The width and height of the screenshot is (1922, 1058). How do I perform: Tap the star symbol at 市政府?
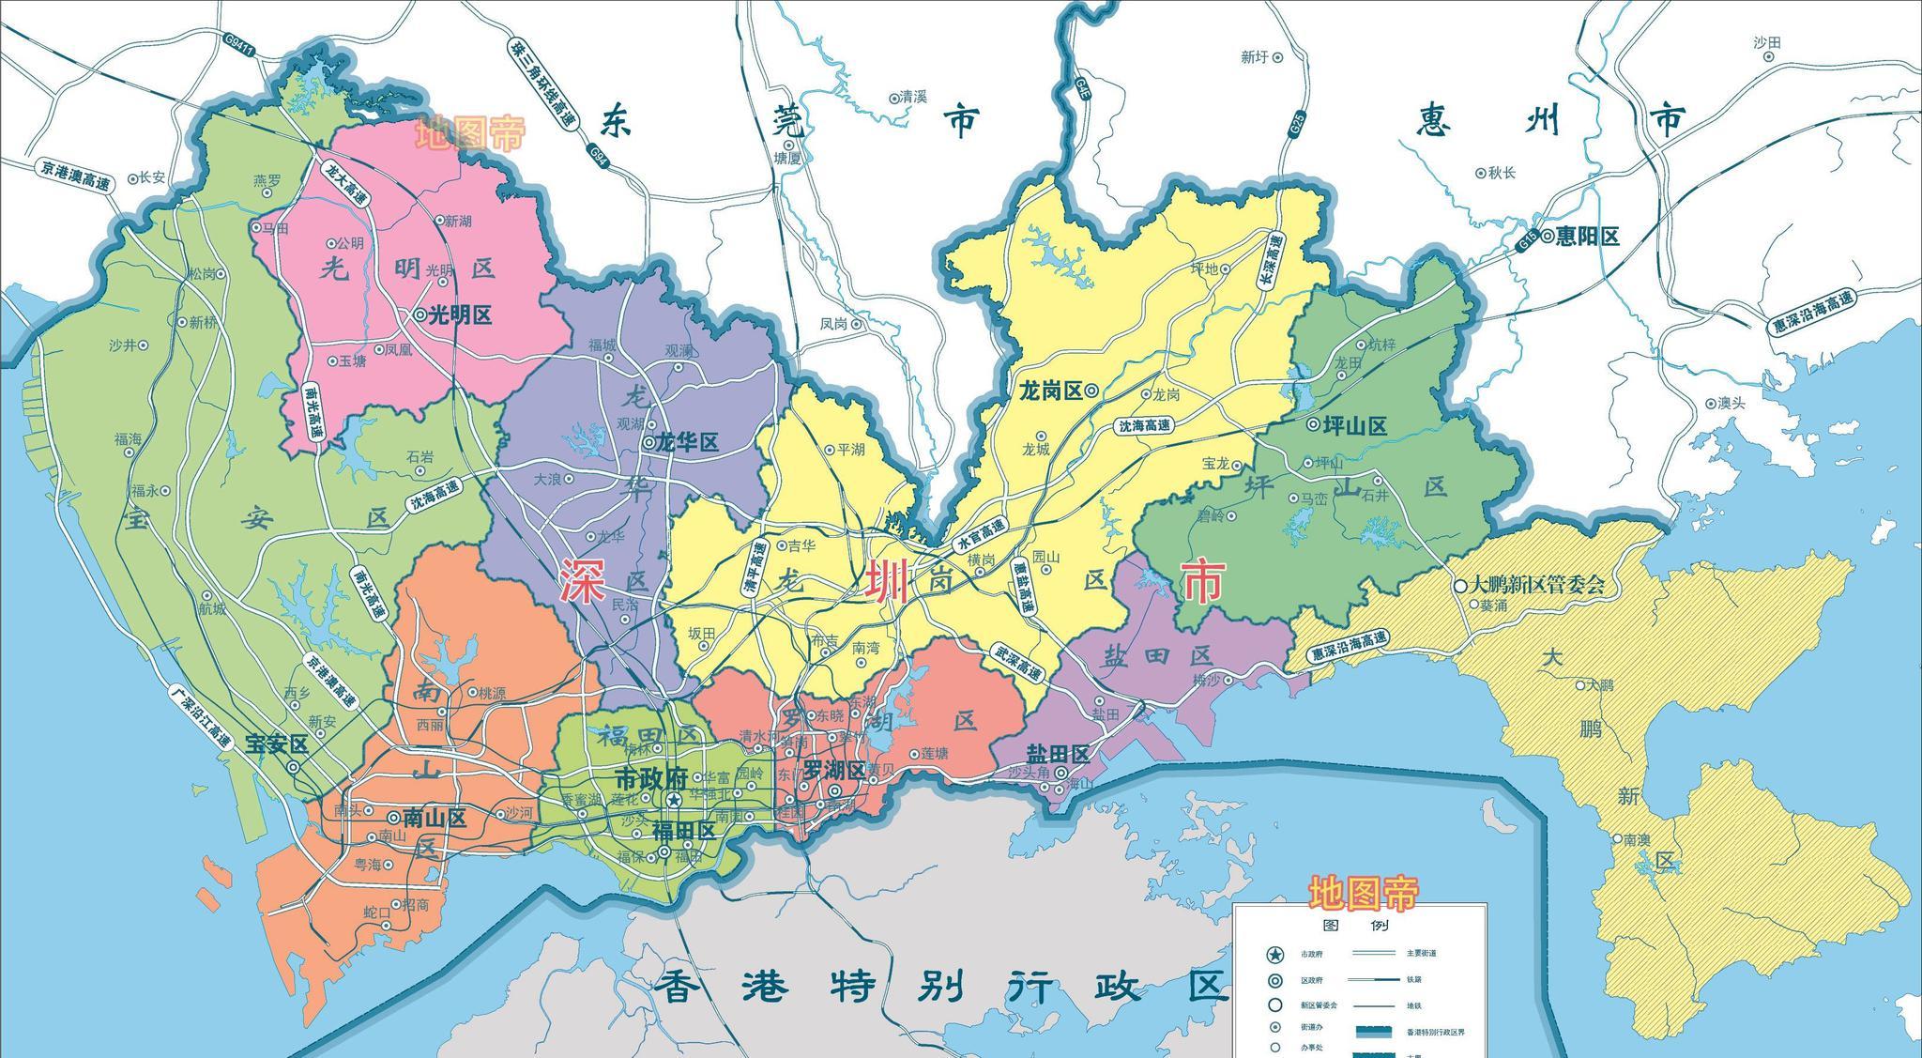tap(674, 800)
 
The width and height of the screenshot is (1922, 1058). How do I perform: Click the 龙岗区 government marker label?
tap(1050, 391)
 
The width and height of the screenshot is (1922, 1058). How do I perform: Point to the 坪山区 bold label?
tap(1353, 425)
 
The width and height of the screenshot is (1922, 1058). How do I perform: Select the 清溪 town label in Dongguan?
tap(912, 97)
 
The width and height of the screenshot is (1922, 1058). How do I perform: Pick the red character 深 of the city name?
tap(582, 581)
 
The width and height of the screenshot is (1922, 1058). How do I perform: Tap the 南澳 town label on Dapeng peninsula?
tap(1637, 839)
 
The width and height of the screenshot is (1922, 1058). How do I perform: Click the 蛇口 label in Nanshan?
tap(376, 912)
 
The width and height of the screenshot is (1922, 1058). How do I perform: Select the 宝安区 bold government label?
tap(277, 744)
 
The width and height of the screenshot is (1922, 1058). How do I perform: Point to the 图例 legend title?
tap(1360, 925)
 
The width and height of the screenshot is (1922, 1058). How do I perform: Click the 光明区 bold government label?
tap(460, 315)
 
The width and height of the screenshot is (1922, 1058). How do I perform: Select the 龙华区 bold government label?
tap(687, 442)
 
